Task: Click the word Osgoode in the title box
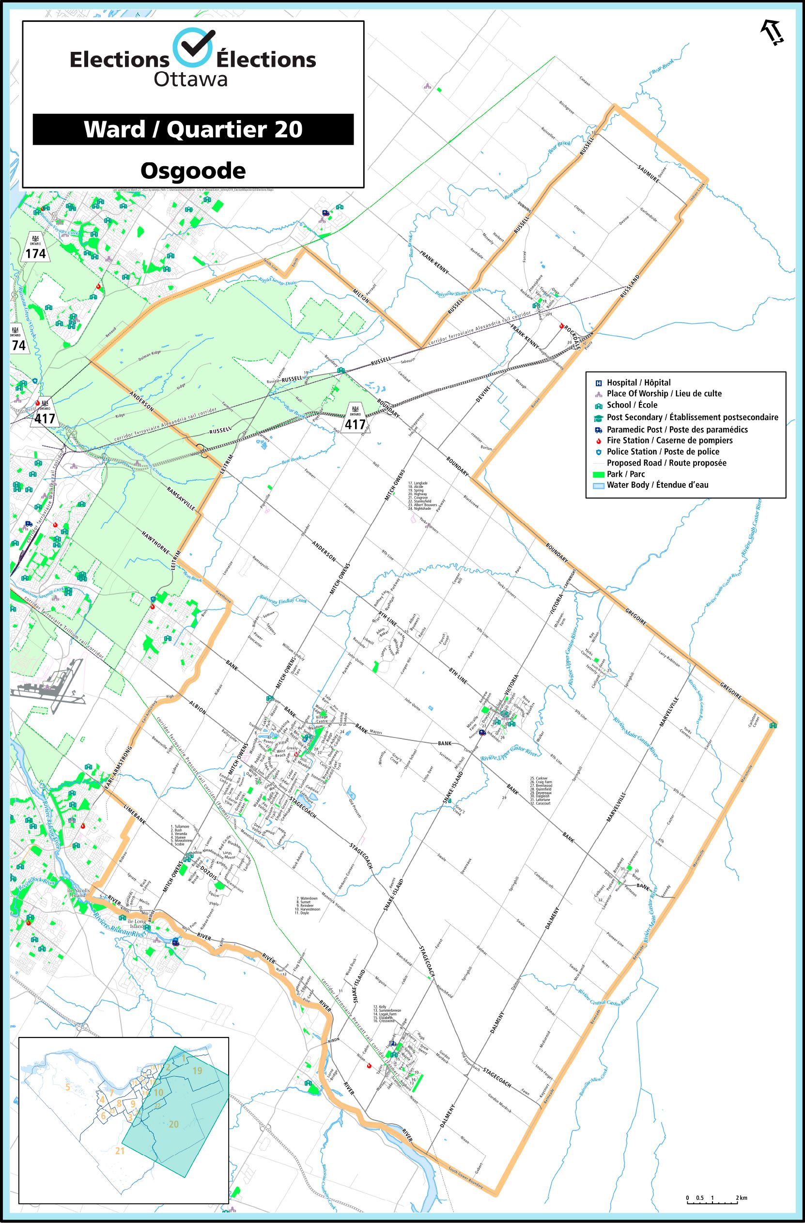point(193,170)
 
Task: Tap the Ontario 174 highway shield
point(35,248)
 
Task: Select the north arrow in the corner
point(772,33)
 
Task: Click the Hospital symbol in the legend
point(599,382)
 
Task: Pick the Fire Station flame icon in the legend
point(599,440)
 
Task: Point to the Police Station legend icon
point(599,452)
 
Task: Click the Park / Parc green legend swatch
point(599,474)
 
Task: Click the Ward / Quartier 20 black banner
point(193,129)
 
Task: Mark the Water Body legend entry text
point(658,485)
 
